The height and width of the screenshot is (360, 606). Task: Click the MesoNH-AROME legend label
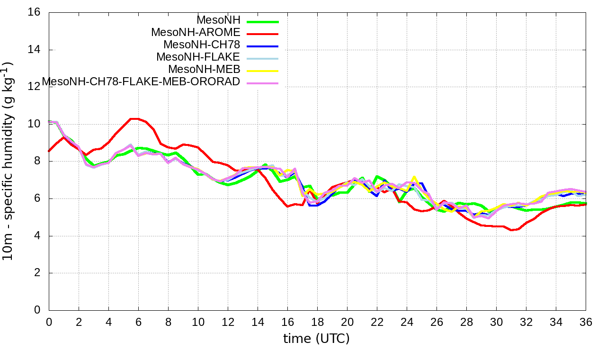(196, 32)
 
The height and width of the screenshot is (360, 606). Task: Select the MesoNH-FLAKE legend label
(198, 57)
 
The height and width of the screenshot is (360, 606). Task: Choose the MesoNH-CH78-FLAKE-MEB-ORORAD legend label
(141, 81)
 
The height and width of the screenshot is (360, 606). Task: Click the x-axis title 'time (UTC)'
(316, 338)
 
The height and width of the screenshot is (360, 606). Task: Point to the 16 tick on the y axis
(34, 13)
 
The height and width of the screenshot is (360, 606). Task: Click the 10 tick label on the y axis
(34, 124)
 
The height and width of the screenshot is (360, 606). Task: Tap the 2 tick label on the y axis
(37, 273)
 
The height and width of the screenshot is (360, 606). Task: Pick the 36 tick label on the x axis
(586, 322)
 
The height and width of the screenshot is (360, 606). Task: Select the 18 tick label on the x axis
(317, 322)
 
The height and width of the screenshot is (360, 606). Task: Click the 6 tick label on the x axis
(138, 322)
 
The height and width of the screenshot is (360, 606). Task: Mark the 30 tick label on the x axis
(496, 322)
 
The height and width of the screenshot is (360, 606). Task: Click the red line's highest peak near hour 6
(135, 119)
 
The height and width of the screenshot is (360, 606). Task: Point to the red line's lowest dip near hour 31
(511, 230)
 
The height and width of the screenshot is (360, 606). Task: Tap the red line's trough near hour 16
(287, 207)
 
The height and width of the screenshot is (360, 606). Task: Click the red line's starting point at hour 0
(49, 151)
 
